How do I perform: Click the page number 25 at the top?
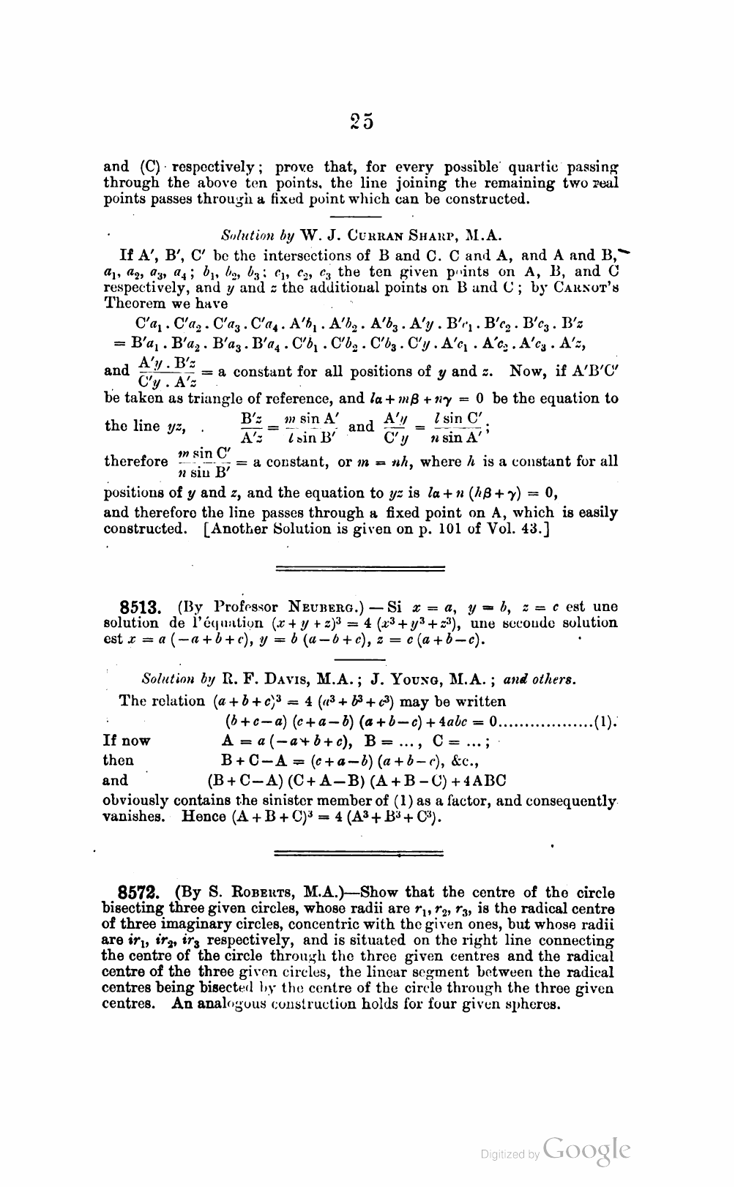coord(362,121)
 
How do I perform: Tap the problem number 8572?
coord(141,893)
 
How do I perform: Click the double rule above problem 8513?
coord(359,568)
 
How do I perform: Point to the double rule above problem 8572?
coord(359,853)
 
